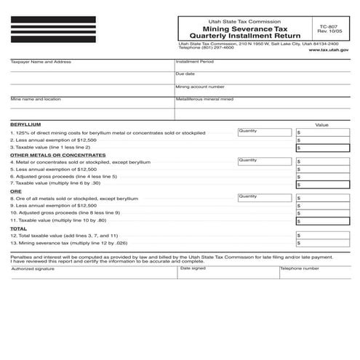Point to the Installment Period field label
pyautogui.click(x=195, y=63)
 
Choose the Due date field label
pyautogui.click(x=185, y=74)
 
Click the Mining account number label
pyautogui.click(x=200, y=87)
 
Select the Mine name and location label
pyautogui.click(x=36, y=98)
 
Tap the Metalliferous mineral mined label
pyautogui.click(x=204, y=98)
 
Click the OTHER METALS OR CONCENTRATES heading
pyautogui.click(x=58, y=155)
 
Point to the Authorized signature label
pyautogui.click(x=33, y=268)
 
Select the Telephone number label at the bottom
pyautogui.click(x=300, y=268)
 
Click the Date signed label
pyautogui.click(x=193, y=268)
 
